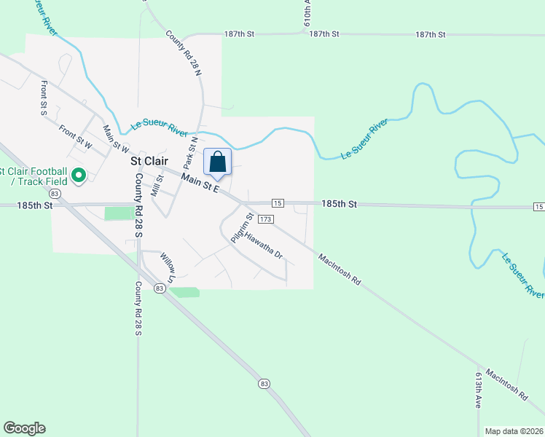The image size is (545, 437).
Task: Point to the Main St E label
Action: click(x=200, y=182)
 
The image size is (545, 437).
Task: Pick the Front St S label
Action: click(x=44, y=98)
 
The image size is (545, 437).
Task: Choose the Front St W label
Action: click(x=76, y=138)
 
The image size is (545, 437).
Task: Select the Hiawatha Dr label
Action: click(x=264, y=246)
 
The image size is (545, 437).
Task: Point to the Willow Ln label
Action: click(x=168, y=267)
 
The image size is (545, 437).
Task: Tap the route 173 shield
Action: click(x=265, y=219)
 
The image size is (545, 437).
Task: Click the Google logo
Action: click(x=24, y=428)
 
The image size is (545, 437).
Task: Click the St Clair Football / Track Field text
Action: click(x=32, y=176)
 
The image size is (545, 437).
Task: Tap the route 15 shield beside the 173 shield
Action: click(x=277, y=202)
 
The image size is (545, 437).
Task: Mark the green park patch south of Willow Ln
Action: click(x=184, y=292)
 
